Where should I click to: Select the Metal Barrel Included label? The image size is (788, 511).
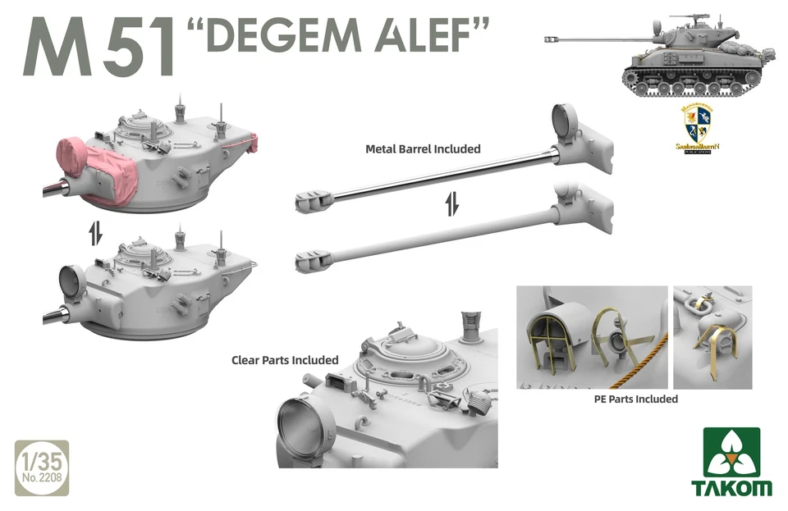click(x=423, y=149)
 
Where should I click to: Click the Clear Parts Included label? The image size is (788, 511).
click(x=285, y=360)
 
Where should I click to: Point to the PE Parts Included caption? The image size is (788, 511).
click(x=635, y=399)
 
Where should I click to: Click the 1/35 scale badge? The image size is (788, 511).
click(x=42, y=468)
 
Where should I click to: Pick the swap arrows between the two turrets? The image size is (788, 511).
click(x=95, y=233)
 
